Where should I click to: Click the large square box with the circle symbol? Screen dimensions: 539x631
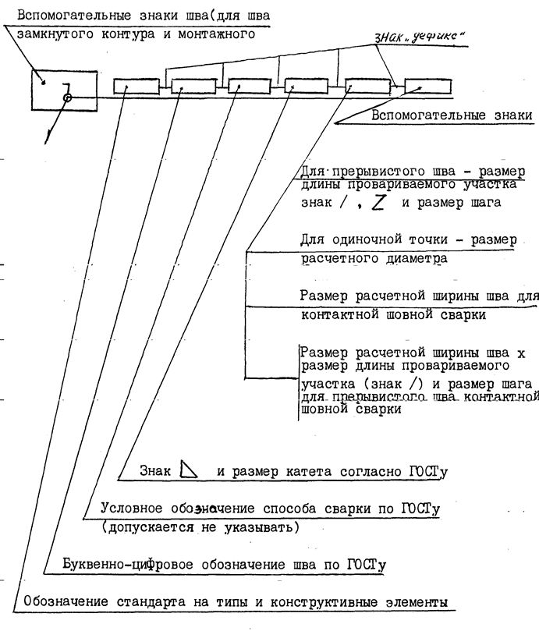32,90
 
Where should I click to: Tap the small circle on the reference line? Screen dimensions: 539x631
68,97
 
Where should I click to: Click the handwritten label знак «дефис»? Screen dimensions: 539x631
419,37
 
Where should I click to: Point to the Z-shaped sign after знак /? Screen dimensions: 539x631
378,203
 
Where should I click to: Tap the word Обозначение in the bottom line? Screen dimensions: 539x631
66,601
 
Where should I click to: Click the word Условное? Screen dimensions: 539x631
132,508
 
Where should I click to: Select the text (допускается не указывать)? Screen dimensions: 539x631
200,526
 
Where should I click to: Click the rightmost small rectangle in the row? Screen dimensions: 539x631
428,87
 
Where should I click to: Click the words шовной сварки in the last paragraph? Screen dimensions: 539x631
351,409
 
